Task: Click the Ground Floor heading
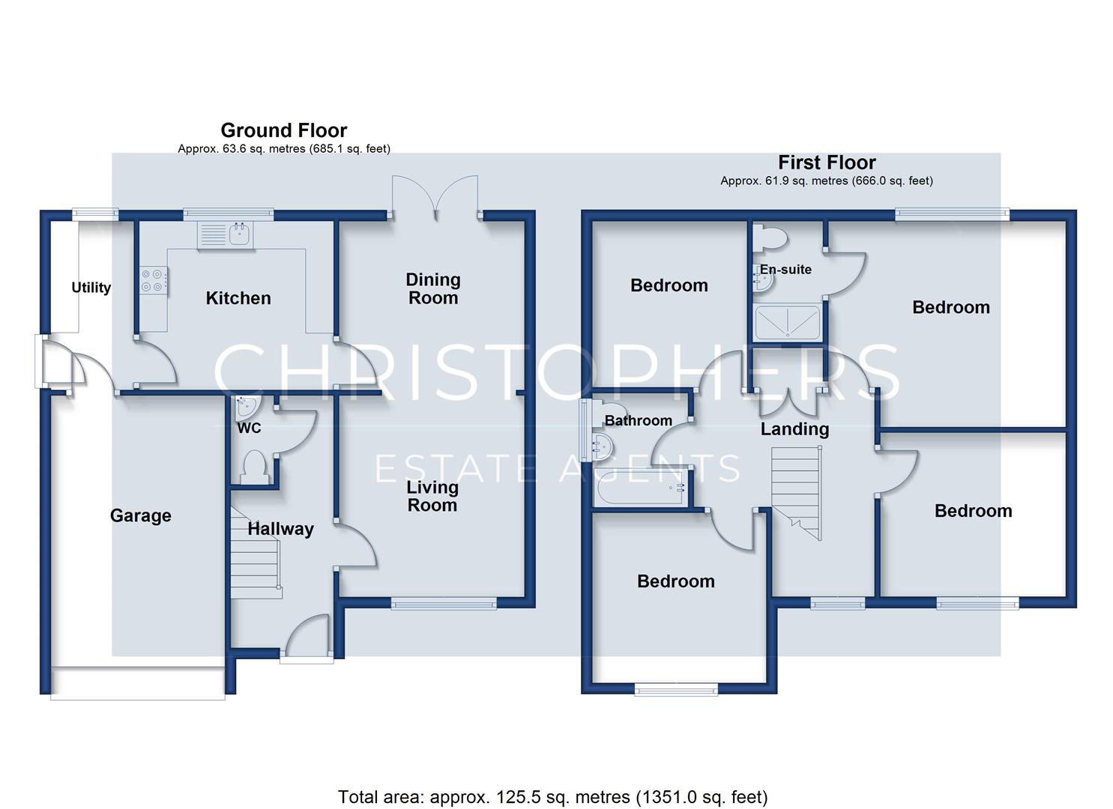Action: (x=284, y=130)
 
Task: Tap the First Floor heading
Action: (x=827, y=163)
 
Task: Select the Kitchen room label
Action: (x=238, y=298)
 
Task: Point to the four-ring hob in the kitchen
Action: (x=154, y=281)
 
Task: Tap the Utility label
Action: (x=91, y=288)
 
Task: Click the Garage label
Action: (x=141, y=515)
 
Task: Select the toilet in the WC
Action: (x=254, y=467)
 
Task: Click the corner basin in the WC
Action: (x=247, y=407)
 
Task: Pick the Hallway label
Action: (x=281, y=529)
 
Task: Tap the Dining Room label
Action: (x=433, y=288)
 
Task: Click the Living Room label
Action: (x=432, y=496)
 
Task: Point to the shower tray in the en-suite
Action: (x=787, y=323)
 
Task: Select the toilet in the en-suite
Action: (x=770, y=237)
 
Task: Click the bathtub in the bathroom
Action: (x=641, y=487)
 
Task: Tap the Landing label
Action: (x=794, y=429)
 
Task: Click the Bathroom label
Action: (x=638, y=421)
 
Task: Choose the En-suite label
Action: (x=785, y=270)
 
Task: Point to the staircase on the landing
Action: (x=797, y=493)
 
